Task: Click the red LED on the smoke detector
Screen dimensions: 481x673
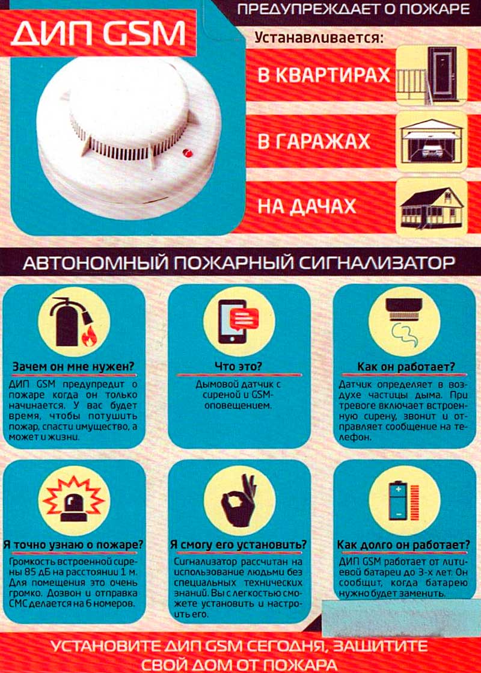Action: pyautogui.click(x=187, y=152)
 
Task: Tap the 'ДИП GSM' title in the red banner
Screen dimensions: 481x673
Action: pyautogui.click(x=98, y=34)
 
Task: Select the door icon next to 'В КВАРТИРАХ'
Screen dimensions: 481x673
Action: pyautogui.click(x=431, y=76)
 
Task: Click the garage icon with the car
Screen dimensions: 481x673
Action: pyautogui.click(x=431, y=142)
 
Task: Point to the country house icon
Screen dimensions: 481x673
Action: pyautogui.click(x=431, y=207)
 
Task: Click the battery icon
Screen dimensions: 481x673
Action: pyautogui.click(x=404, y=500)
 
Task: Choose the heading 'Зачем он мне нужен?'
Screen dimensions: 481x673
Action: pyautogui.click(x=73, y=367)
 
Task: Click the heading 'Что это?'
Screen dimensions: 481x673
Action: pyautogui.click(x=238, y=366)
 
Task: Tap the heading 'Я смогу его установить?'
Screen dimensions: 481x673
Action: pyautogui.click(x=239, y=545)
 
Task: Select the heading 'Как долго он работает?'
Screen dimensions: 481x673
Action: pyautogui.click(x=404, y=545)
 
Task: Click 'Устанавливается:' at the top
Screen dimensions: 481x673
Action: pyautogui.click(x=319, y=37)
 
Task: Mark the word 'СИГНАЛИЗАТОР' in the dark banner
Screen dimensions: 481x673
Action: pyautogui.click(x=376, y=262)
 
